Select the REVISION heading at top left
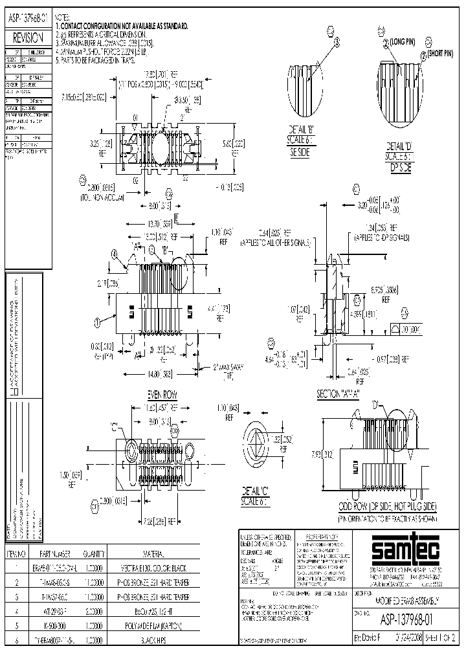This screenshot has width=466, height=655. point(28,38)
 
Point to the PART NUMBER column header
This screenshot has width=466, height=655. point(66,554)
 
